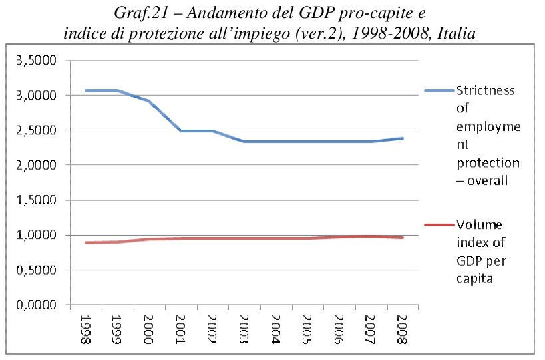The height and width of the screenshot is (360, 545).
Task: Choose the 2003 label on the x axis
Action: tap(244, 329)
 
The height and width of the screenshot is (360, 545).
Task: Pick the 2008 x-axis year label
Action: tap(402, 329)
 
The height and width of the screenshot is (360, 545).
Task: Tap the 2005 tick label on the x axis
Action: tap(307, 329)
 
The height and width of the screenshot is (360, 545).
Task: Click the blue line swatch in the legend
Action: tap(439, 90)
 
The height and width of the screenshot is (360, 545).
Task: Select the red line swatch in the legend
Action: tap(439, 225)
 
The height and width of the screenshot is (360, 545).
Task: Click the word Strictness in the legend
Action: tap(485, 91)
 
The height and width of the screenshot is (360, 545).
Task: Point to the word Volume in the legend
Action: tap(479, 224)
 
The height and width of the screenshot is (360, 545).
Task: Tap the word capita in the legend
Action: tap(474, 279)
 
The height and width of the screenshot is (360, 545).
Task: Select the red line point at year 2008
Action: tap(402, 238)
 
